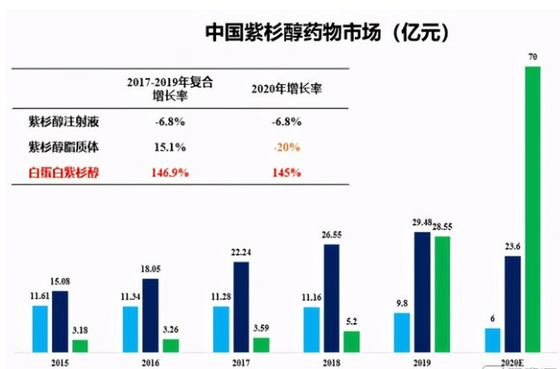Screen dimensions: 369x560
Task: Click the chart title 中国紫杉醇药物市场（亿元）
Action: [x=328, y=33]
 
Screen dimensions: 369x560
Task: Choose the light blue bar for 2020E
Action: [x=492, y=340]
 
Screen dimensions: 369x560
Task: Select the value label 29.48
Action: [x=423, y=224]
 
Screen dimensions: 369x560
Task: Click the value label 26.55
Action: [x=330, y=235]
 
